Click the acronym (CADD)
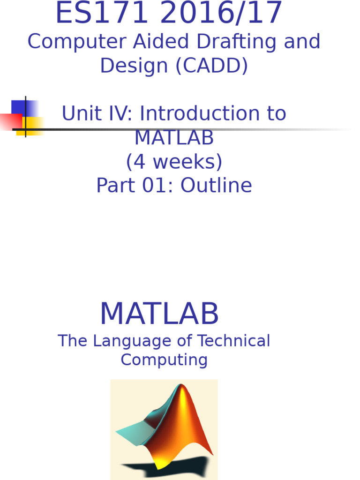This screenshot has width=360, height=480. [x=211, y=66]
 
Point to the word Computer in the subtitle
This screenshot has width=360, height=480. [x=77, y=42]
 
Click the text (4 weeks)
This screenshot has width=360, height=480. [x=174, y=162]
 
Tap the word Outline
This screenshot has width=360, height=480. [x=216, y=186]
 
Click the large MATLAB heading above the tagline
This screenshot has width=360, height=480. [x=159, y=314]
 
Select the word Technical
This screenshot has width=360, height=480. [x=233, y=341]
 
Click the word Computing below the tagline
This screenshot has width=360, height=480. [x=164, y=360]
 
